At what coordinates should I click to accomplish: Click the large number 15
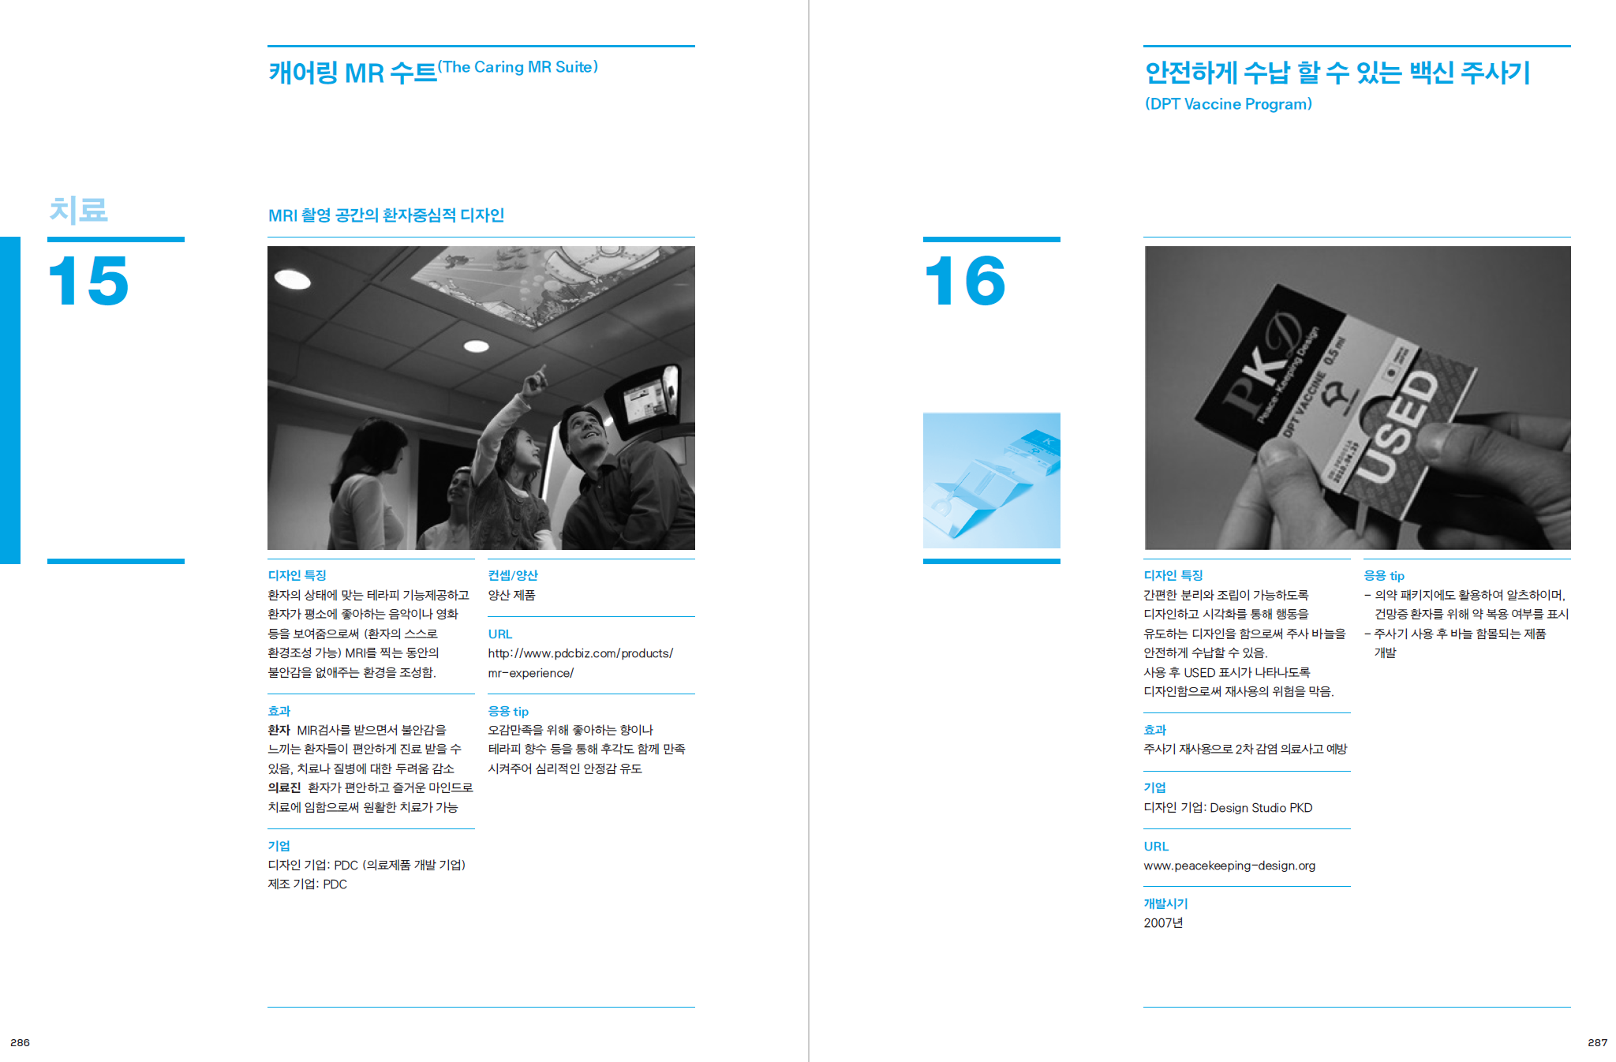pos(88,281)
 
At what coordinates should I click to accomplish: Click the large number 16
pos(965,281)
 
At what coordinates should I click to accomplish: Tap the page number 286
pos(20,1042)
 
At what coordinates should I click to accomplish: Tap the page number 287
pos(1597,1042)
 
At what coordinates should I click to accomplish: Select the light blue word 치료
pos(78,210)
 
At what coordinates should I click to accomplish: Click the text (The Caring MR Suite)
pos(518,67)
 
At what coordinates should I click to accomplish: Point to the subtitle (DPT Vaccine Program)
pos(1228,104)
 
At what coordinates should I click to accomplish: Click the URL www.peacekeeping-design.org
pos(1229,866)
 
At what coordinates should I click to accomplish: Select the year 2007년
pos(1163,923)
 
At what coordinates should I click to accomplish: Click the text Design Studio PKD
pos(1261,808)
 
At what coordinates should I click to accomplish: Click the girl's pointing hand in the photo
pos(537,380)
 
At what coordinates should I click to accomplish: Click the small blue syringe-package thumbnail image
pos(992,481)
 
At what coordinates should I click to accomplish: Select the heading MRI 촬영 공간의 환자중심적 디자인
pos(386,215)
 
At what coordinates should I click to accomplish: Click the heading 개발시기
pos(1165,903)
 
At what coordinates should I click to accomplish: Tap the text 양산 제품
pos(511,595)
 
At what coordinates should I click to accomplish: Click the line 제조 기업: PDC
pos(307,884)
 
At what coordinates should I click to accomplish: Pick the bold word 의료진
pos(284,787)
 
